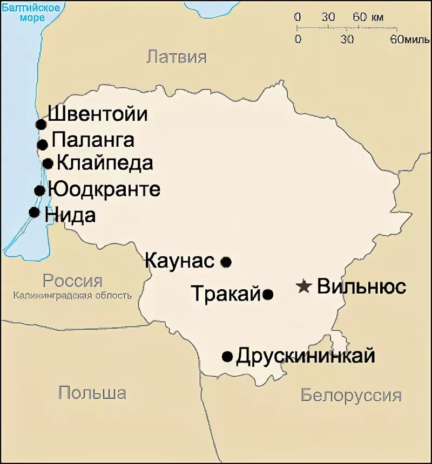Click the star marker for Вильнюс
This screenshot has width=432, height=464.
pyautogui.click(x=305, y=286)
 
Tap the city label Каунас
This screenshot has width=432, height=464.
pyautogui.click(x=180, y=261)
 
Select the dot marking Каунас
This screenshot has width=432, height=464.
pyautogui.click(x=226, y=262)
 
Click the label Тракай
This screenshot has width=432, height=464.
pyautogui.click(x=226, y=294)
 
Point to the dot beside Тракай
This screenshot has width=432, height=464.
pyautogui.click(x=268, y=295)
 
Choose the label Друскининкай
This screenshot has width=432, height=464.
pyautogui.click(x=306, y=356)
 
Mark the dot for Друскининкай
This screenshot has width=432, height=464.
pyautogui.click(x=227, y=357)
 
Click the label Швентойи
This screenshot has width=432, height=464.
pyautogui.click(x=98, y=114)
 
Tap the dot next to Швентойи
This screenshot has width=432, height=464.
pyautogui.click(x=40, y=125)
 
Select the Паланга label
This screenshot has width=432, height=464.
pyautogui.click(x=93, y=140)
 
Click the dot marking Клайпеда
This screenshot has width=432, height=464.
pyautogui.click(x=48, y=163)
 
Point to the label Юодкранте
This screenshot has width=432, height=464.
pyautogui.click(x=104, y=189)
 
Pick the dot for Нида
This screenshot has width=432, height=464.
pyautogui.click(x=35, y=212)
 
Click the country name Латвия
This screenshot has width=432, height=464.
pyautogui.click(x=177, y=57)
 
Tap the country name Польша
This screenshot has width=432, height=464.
pyautogui.click(x=92, y=393)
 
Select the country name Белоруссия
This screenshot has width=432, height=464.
pyautogui.click(x=351, y=395)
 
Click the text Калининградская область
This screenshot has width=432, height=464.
pyautogui.click(x=72, y=296)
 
